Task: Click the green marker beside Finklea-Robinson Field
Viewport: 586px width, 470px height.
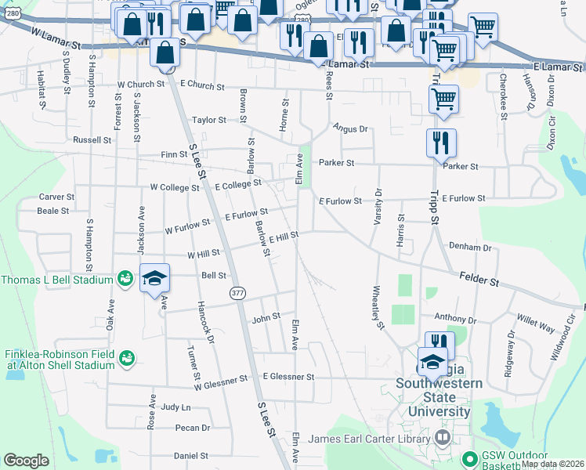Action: pos(125,359)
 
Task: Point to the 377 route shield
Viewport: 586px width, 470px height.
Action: pos(238,292)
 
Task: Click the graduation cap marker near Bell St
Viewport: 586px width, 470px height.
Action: pos(154,278)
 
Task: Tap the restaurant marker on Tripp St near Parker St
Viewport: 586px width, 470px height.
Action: pos(441,143)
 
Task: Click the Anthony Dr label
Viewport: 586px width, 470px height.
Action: pos(455,319)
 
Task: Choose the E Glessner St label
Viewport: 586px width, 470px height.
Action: pos(288,377)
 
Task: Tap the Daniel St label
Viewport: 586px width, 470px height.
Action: pos(190,455)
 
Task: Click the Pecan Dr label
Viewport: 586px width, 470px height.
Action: pos(194,428)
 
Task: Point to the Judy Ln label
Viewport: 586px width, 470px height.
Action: pos(175,407)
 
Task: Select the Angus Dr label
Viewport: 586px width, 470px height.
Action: pos(349,128)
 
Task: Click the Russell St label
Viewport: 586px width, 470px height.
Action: pos(92,139)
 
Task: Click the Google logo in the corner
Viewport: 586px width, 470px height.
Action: pos(26,461)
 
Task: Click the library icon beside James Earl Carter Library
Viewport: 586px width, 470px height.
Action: pos(444,438)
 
